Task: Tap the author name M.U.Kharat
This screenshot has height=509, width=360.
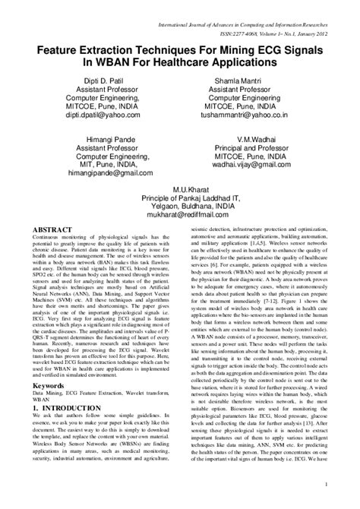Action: tap(179, 188)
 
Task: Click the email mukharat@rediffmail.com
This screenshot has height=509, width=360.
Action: tap(179, 215)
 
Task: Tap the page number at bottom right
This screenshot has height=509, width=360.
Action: tap(346, 484)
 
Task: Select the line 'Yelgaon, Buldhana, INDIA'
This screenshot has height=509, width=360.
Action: tap(179, 206)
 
